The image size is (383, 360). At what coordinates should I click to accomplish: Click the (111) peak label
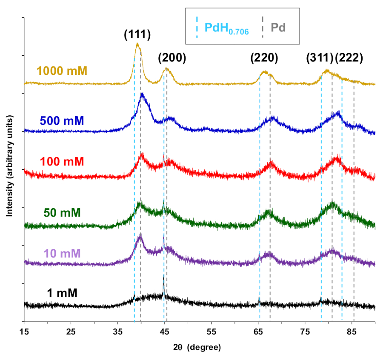(x=137, y=34)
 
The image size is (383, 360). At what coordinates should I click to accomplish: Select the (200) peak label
(x=172, y=58)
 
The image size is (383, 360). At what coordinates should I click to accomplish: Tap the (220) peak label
(x=264, y=58)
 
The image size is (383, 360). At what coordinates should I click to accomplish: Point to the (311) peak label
(x=320, y=58)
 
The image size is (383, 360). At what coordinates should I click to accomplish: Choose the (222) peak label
(x=349, y=58)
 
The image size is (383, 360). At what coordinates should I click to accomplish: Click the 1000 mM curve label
(x=62, y=70)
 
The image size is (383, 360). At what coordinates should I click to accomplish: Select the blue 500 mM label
(x=62, y=121)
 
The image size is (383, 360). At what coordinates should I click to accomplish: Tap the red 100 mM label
(x=62, y=162)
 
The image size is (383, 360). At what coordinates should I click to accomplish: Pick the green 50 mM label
(x=62, y=212)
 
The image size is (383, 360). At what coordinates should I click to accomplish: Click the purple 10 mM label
(x=62, y=254)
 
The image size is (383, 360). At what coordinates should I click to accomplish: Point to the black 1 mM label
(x=62, y=292)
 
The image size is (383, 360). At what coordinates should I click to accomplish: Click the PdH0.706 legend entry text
(x=226, y=29)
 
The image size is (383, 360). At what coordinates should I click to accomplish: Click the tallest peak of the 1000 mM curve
(x=137, y=44)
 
